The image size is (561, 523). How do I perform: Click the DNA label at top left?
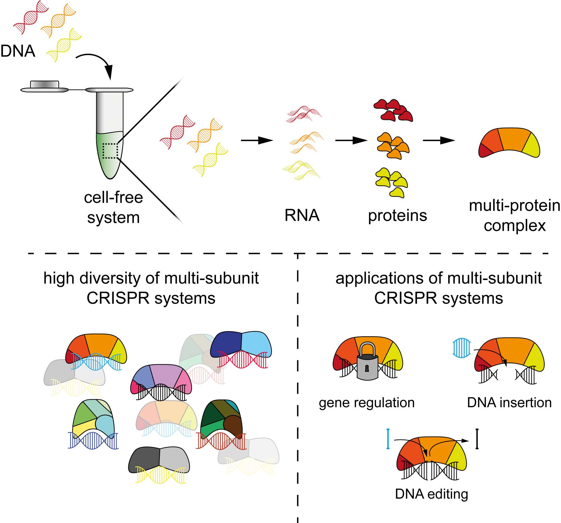18,51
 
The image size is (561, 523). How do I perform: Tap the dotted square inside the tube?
110,151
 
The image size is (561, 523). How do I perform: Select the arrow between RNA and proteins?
351,141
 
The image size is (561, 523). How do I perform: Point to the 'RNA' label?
302,215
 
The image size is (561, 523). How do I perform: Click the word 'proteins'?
397,216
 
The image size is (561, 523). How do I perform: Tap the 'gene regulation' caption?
367,403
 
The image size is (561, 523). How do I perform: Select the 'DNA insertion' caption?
509,403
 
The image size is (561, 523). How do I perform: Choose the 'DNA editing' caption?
432,494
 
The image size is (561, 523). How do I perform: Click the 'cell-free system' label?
113,208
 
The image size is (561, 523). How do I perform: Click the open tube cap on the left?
44,87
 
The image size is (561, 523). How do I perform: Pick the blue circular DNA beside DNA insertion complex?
462,348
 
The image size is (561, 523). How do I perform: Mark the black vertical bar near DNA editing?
477,439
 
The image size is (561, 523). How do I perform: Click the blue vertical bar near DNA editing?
388,439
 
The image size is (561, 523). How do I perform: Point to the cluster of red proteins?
393,111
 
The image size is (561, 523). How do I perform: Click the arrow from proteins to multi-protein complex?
439,141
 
